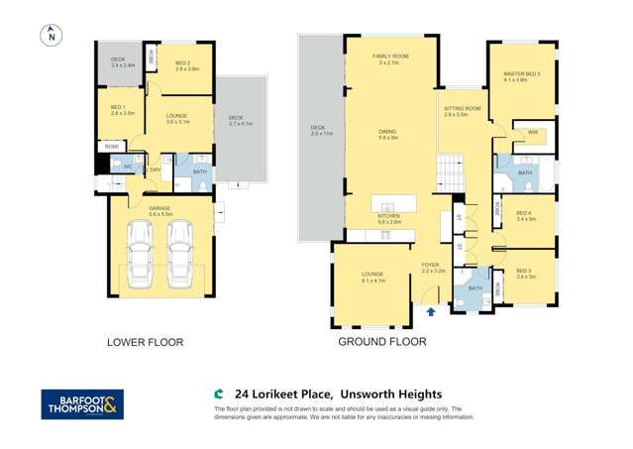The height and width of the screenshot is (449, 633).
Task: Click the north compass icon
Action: click(53, 36)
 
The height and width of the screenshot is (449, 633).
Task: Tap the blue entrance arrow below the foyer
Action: click(430, 311)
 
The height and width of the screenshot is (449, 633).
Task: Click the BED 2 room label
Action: click(187, 64)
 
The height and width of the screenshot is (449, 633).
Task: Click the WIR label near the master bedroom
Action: click(532, 132)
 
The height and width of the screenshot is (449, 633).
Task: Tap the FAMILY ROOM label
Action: click(390, 58)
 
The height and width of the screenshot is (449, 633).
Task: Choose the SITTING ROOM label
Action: click(462, 111)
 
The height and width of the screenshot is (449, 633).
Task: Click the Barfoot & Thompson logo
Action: click(82, 404)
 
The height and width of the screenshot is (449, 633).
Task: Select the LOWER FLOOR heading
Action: click(145, 342)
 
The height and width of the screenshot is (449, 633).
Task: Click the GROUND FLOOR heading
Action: click(382, 342)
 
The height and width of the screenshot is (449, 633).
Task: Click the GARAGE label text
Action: click(159, 208)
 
